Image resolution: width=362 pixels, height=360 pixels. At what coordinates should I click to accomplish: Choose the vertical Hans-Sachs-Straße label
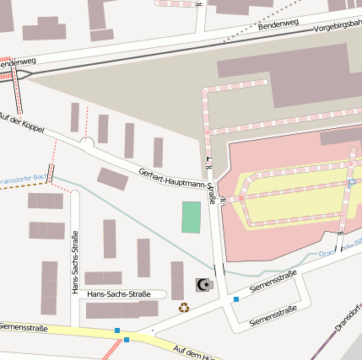tap(76, 263)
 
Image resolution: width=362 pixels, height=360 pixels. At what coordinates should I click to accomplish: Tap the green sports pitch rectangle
tap(192, 217)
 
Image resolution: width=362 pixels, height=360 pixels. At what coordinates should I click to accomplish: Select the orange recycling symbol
tap(184, 308)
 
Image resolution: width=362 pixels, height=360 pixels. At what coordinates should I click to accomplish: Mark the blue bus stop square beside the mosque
tap(236, 298)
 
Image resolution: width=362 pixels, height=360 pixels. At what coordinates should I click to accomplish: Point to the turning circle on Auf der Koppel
tap(86, 144)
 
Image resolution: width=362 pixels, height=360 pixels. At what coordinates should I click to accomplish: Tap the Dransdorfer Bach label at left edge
tap(19, 180)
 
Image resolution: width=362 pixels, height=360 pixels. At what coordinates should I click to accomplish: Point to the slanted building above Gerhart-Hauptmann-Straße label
tap(112, 178)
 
